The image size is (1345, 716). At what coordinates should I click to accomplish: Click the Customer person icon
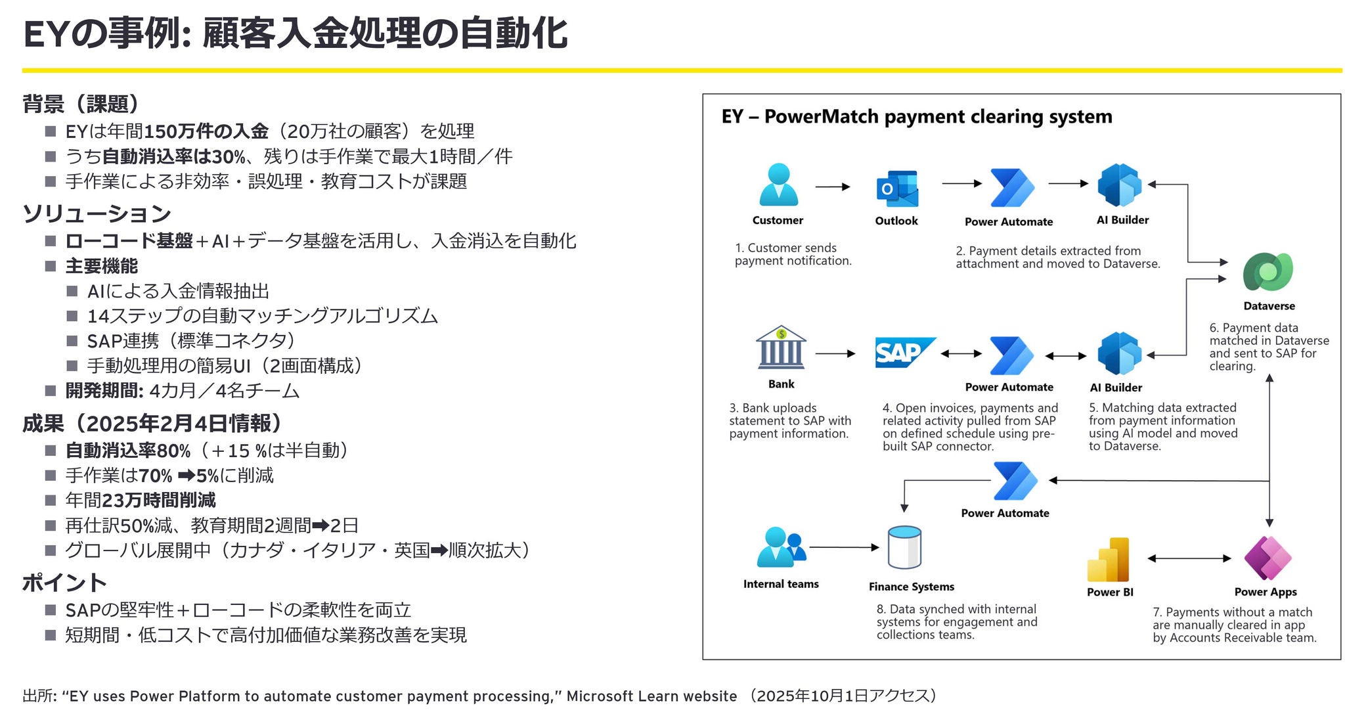[x=778, y=185]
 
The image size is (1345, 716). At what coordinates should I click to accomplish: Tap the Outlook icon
[x=897, y=189]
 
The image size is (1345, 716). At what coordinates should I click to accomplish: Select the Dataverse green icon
[x=1268, y=271]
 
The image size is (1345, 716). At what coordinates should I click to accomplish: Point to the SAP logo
[x=903, y=353]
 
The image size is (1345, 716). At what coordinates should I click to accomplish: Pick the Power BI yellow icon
[x=1109, y=560]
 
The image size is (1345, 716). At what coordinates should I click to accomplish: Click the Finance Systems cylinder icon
[x=904, y=548]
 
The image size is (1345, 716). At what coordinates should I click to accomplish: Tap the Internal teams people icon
[x=780, y=547]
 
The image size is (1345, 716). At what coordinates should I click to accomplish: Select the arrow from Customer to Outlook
[x=832, y=187]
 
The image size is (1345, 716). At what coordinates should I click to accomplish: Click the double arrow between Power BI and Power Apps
[x=1189, y=558]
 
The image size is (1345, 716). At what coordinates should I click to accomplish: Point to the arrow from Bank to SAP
[x=835, y=353]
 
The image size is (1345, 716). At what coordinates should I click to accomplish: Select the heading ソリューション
[x=97, y=213]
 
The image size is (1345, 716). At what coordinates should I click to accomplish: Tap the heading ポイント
[x=64, y=583]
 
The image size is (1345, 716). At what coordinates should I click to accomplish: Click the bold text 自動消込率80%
[x=128, y=451]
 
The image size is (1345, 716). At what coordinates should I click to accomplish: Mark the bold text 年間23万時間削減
[x=140, y=501]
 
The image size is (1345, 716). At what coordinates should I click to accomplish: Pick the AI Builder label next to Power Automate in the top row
[x=1122, y=220]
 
